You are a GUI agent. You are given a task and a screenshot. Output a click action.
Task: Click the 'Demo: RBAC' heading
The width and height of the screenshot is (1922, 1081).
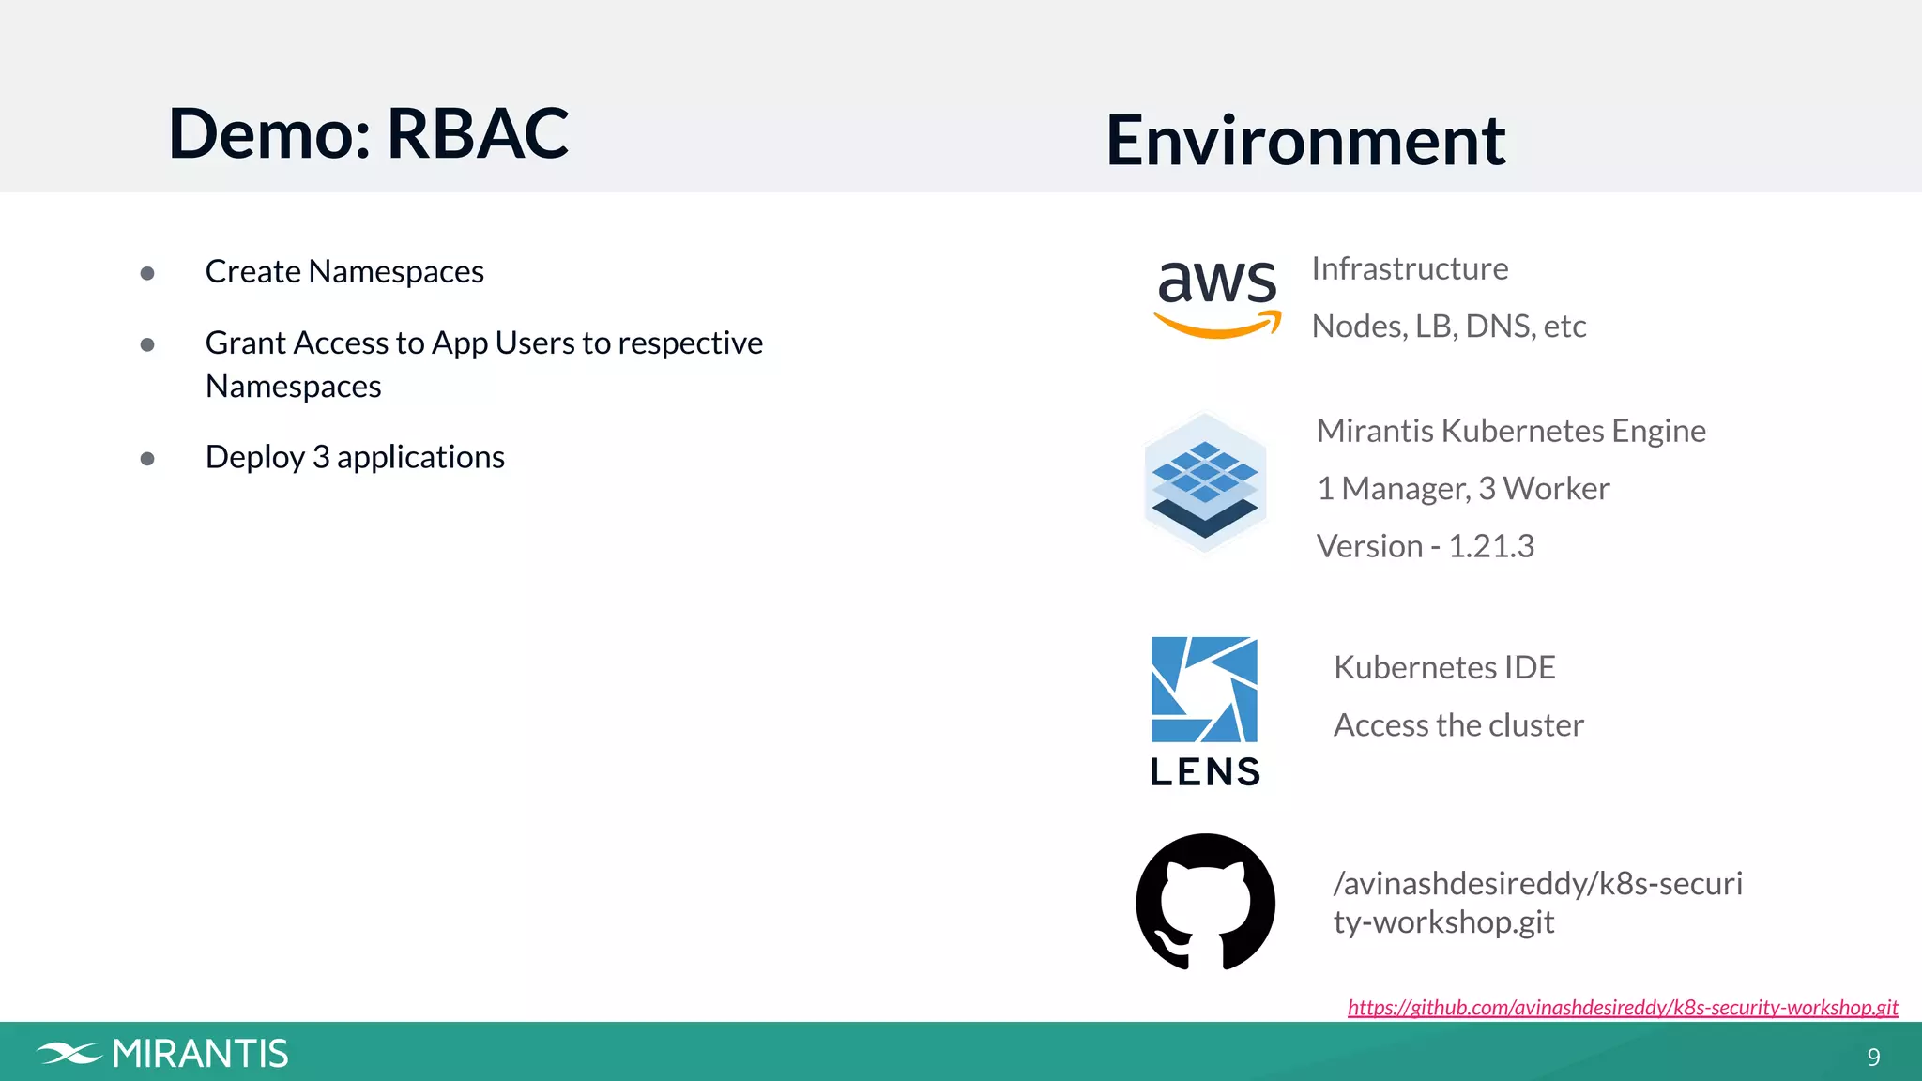tap(368, 133)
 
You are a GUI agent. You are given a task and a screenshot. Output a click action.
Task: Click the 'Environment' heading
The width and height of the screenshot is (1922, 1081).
tap(1304, 141)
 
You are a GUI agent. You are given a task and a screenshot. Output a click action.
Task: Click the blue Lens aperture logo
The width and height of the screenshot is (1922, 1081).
tap(1204, 690)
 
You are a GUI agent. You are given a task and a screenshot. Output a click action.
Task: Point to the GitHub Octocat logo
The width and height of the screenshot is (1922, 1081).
tap(1205, 902)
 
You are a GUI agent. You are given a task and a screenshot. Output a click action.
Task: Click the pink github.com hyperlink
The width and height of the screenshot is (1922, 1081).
tap(1622, 1007)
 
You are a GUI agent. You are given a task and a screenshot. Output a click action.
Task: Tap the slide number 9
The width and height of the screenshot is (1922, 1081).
tap(1873, 1058)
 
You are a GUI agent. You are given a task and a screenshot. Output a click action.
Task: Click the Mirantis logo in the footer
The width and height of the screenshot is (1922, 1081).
tap(162, 1054)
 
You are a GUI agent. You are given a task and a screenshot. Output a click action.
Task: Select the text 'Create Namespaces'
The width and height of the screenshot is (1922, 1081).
tap(344, 272)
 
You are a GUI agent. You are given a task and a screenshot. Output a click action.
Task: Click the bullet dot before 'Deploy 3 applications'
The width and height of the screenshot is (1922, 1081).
tap(147, 458)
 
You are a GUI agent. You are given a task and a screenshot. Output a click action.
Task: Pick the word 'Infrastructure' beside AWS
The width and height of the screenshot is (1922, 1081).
tap(1410, 269)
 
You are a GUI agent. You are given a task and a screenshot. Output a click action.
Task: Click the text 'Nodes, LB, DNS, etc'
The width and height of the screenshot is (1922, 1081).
tap(1448, 327)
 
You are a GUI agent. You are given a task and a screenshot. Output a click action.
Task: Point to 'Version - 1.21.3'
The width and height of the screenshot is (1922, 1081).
tap(1425, 546)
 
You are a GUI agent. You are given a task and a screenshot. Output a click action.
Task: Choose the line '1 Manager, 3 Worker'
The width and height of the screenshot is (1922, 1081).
tap(1462, 489)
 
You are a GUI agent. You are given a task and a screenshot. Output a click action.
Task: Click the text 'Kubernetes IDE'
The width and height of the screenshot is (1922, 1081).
tap(1444, 668)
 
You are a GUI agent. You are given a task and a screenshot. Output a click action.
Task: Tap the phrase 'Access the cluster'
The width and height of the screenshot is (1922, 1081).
tap(1458, 725)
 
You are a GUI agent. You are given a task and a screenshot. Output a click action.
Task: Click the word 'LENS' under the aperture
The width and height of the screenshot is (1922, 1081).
tap(1205, 772)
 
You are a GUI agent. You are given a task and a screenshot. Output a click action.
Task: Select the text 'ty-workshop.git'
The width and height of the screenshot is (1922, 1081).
tap(1443, 922)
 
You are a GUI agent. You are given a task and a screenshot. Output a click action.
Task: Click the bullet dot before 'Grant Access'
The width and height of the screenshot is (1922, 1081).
tap(147, 344)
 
